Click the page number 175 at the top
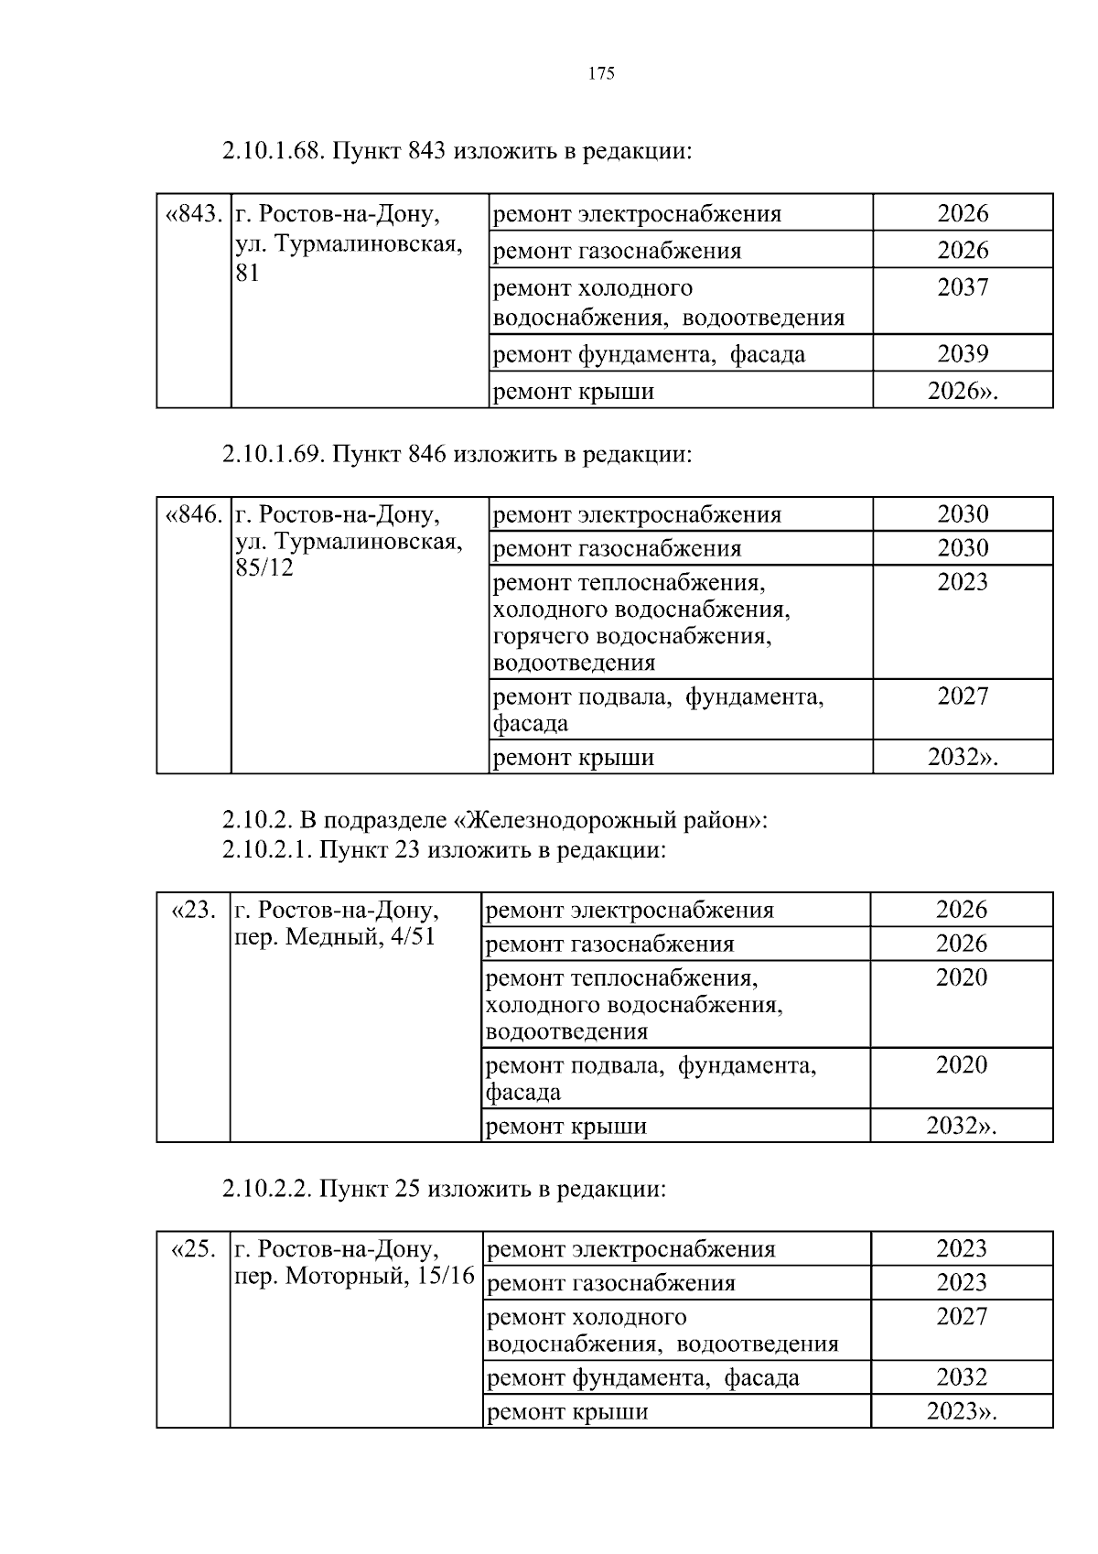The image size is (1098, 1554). [601, 74]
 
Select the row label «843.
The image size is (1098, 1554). [193, 214]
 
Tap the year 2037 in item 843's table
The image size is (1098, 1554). [963, 288]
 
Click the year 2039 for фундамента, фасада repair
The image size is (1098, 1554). [963, 354]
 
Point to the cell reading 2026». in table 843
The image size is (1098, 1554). [963, 392]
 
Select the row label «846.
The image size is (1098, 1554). [193, 515]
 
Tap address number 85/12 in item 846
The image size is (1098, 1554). [264, 568]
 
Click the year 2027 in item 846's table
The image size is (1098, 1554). [963, 696]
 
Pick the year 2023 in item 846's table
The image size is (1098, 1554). [963, 583]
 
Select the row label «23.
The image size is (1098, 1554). [194, 911]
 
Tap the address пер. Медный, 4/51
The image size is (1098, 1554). [335, 938]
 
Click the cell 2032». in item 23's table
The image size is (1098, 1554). [961, 1126]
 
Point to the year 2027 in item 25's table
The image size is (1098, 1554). [962, 1317]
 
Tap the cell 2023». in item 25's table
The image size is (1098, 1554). [961, 1411]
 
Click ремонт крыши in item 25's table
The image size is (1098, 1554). [567, 1412]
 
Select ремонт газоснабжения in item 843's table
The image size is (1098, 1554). [617, 251]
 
